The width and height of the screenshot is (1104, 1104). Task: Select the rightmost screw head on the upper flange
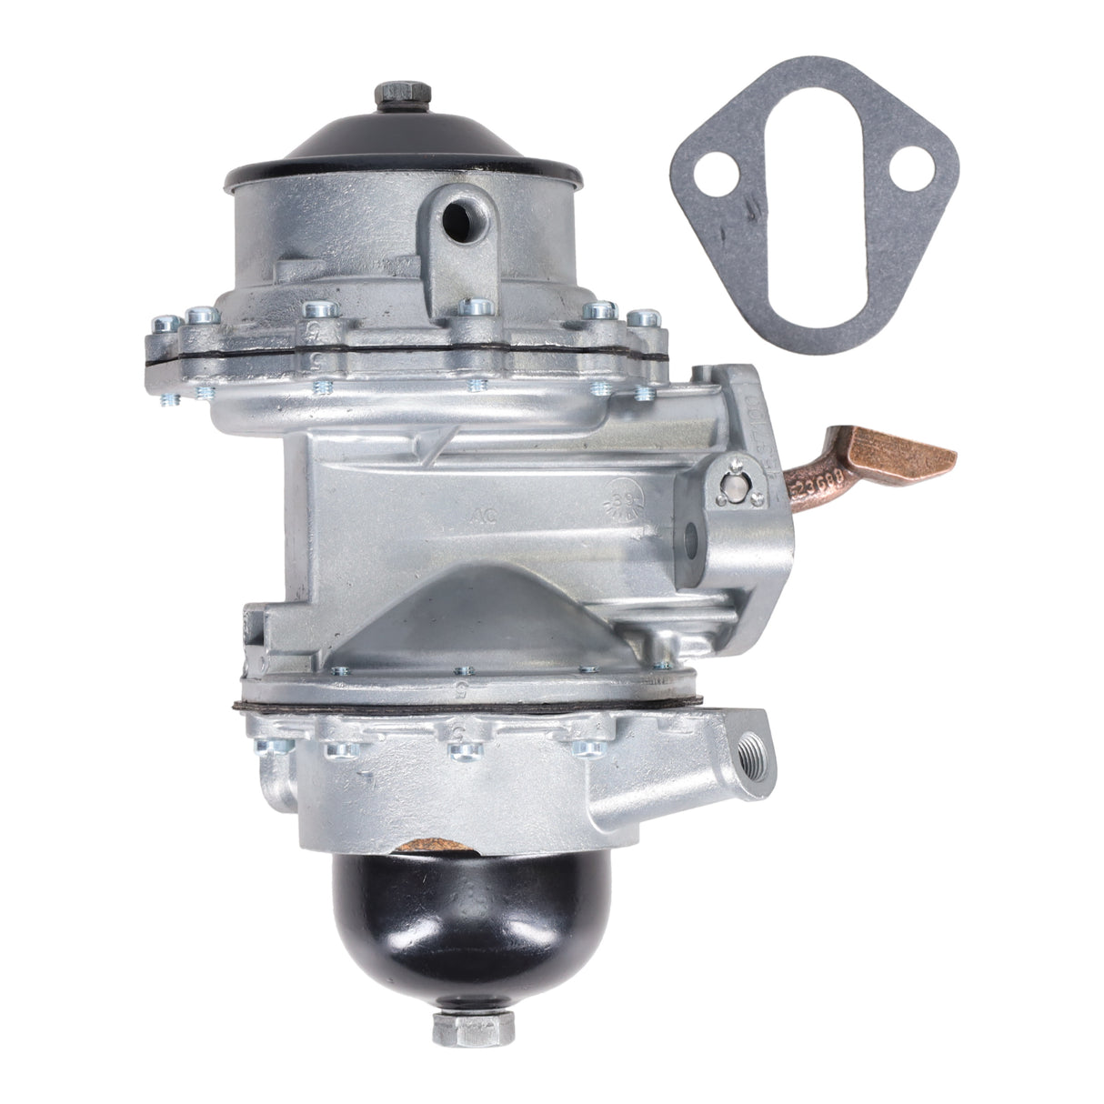pyautogui.click(x=646, y=319)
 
